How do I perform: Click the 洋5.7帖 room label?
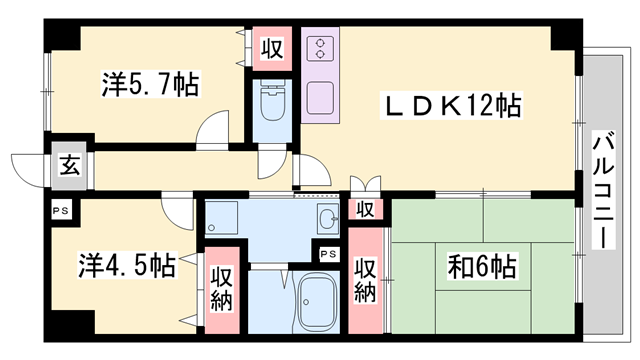point(150,85)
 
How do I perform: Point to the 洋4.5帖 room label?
point(127,266)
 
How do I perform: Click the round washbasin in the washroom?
point(328,219)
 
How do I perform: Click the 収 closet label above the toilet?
point(271,46)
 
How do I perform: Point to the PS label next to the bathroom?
point(327,254)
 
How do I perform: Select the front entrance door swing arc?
point(25,165)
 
